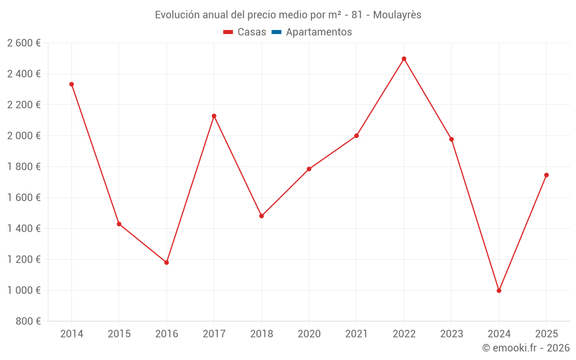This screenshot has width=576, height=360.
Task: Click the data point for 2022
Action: coord(404,59)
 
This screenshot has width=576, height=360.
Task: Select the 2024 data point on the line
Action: coord(499,291)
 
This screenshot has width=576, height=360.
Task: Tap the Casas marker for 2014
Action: coord(71,84)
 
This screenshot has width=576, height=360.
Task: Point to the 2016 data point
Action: coord(166,263)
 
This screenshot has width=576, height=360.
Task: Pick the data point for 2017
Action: coord(214,116)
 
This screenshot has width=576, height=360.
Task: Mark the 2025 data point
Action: coord(546,175)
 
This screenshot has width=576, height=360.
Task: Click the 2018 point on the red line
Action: coord(262,216)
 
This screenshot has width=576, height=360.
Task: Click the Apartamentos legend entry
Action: coord(319,32)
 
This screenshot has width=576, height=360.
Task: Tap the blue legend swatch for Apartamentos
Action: coord(276,32)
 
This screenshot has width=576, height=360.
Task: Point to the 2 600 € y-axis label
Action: coord(24,43)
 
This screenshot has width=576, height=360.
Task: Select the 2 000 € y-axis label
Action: coord(24,136)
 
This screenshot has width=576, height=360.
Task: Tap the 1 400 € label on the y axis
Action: coord(24,229)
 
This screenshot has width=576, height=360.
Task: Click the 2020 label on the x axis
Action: coord(309,334)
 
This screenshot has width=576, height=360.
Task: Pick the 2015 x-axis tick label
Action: coord(119,334)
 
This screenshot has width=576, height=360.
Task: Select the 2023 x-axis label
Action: coord(451,334)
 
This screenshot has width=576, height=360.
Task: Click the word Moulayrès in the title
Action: coord(397,15)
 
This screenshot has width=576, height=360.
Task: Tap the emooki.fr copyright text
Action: coord(526,348)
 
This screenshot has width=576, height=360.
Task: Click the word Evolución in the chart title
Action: coord(177,15)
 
